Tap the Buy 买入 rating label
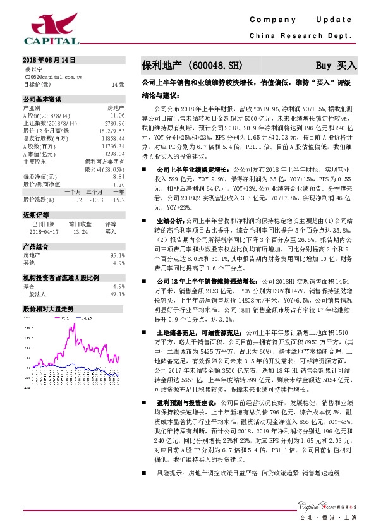[x=336, y=65]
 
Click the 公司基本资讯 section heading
[x=42, y=99]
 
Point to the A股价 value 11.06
[x=117, y=115]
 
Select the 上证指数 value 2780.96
[x=115, y=123]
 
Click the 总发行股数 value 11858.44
[x=114, y=137]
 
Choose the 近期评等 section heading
[x=36, y=215]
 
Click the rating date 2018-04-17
[x=43, y=231]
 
